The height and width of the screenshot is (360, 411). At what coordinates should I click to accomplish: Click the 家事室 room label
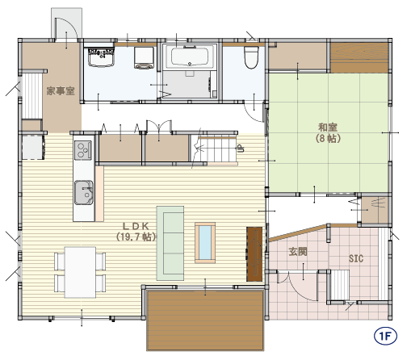61,91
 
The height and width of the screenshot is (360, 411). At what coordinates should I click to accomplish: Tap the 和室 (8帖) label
328,132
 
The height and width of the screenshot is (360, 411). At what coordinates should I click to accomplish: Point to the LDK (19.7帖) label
136,232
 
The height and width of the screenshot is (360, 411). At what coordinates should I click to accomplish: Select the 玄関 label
298,252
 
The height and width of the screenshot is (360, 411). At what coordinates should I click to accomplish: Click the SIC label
356,258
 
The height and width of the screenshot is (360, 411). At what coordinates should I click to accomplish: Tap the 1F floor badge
385,336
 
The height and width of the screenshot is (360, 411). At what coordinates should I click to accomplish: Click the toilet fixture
251,57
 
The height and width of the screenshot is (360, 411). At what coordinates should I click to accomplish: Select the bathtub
190,57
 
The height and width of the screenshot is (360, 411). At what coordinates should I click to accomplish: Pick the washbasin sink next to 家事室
101,57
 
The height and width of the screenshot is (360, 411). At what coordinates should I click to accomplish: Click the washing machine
144,58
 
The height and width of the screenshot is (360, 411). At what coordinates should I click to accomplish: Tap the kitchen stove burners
83,150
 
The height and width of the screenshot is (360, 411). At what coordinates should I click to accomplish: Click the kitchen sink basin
84,193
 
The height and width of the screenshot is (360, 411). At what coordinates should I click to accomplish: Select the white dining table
80,272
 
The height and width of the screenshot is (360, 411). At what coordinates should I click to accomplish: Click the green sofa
170,243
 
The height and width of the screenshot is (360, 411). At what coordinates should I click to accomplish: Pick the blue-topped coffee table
205,243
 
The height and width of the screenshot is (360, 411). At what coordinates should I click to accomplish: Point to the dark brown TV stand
254,254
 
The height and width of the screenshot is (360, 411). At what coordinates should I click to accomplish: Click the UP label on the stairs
240,149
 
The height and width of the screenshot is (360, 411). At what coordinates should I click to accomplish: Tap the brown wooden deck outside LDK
205,320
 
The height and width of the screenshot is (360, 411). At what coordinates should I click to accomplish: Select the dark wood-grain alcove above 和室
359,58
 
